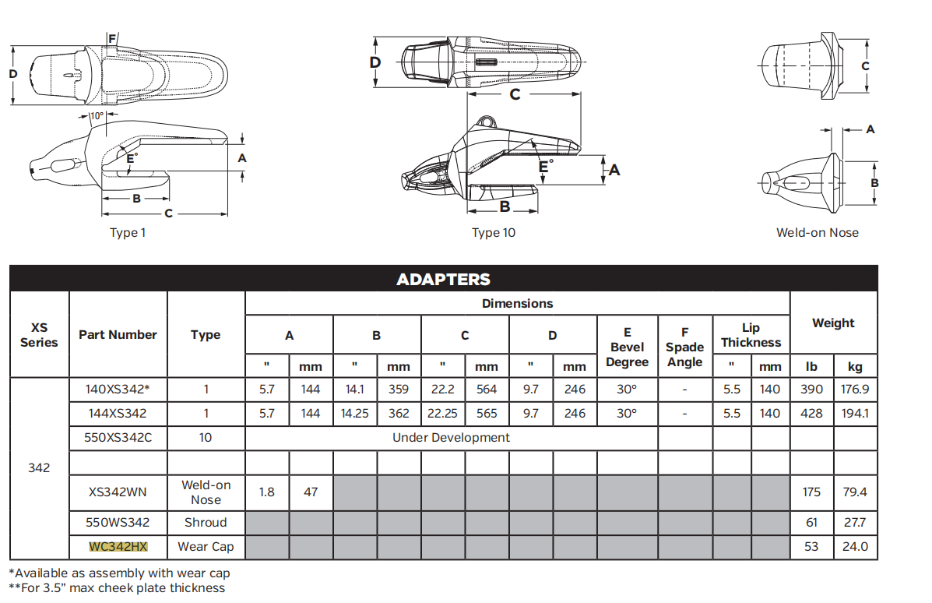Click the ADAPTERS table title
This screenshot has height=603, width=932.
pyautogui.click(x=443, y=279)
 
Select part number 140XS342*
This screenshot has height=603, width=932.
pyautogui.click(x=118, y=390)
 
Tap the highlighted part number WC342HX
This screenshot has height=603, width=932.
pyautogui.click(x=118, y=547)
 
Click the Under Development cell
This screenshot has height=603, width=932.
pyautogui.click(x=451, y=438)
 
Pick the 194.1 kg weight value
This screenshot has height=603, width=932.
pyautogui.click(x=854, y=414)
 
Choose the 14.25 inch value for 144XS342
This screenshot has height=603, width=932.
pyautogui.click(x=355, y=414)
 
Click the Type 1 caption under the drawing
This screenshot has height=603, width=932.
pyautogui.click(x=128, y=233)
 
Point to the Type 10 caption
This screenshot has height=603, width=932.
pyautogui.click(x=494, y=233)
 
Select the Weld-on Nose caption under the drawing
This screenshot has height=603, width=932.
pyautogui.click(x=818, y=233)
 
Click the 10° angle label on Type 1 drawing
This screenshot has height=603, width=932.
pyautogui.click(x=96, y=116)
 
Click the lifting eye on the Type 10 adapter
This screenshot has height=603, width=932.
pyautogui.click(x=487, y=122)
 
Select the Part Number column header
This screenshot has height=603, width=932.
pyautogui.click(x=118, y=335)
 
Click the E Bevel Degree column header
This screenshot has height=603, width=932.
pyautogui.click(x=627, y=347)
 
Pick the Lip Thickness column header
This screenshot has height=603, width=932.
pyautogui.click(x=751, y=335)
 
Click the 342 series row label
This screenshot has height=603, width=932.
pyautogui.click(x=39, y=468)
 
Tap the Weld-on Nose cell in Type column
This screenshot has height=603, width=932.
pyautogui.click(x=206, y=492)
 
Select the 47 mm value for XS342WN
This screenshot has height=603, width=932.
pyautogui.click(x=311, y=492)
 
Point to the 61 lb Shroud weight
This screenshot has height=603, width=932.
pyautogui.click(x=811, y=523)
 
